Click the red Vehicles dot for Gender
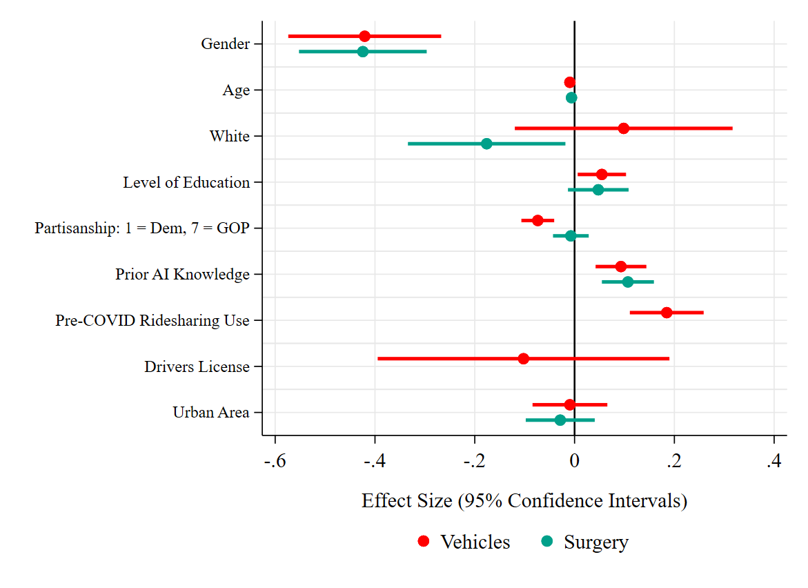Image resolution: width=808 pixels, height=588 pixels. [x=364, y=36]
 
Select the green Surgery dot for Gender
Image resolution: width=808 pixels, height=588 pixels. [x=362, y=52]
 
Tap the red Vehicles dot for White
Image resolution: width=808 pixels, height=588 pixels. [x=624, y=128]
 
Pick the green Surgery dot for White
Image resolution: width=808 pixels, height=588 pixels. [x=486, y=144]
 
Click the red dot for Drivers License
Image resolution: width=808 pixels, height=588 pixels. [x=523, y=359]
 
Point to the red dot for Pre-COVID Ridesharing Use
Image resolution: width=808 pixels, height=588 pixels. [x=667, y=313]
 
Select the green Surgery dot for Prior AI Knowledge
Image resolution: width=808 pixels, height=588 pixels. [x=628, y=282]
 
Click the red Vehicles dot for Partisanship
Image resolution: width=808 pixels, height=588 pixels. [x=538, y=220]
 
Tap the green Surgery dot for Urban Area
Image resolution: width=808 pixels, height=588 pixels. [x=560, y=420]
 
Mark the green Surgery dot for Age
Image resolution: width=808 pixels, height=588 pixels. [x=571, y=97]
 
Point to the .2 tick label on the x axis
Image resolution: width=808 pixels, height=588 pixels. [x=673, y=461]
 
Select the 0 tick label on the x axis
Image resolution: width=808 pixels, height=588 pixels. [x=575, y=461]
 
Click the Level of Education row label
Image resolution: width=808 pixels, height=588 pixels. [x=186, y=182]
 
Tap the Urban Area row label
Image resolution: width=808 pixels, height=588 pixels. [x=210, y=413]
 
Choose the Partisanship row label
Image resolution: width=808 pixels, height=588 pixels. [x=142, y=228]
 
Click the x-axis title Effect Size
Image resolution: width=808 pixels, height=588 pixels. [x=524, y=500]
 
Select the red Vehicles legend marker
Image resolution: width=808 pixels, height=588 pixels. [x=424, y=542]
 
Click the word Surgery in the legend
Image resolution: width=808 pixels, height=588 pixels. [x=596, y=542]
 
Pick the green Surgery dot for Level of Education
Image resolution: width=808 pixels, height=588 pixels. [x=598, y=190]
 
